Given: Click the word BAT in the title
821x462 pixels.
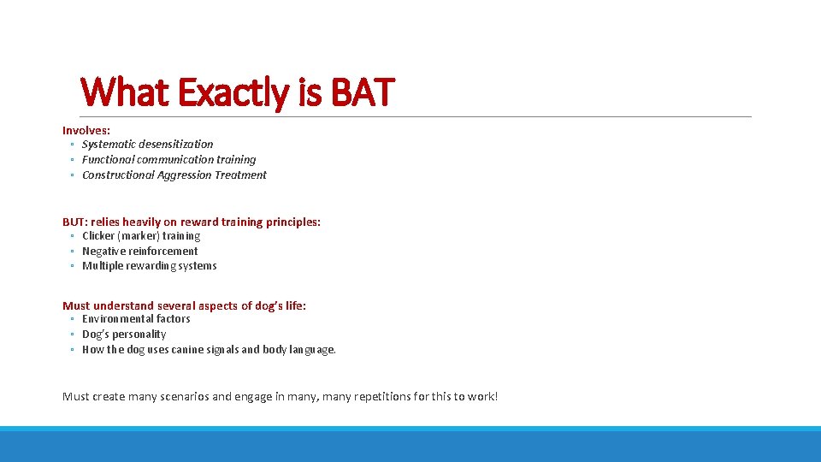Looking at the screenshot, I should (361, 92).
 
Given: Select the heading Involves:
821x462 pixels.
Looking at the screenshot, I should (86, 130).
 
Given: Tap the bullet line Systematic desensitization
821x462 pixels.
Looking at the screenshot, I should (147, 145).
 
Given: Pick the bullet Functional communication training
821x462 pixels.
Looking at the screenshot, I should (168, 160).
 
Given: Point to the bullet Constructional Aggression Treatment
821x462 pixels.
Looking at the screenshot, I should (174, 175).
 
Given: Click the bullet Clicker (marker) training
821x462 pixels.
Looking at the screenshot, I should (141, 236).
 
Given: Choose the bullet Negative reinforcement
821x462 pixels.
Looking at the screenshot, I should (139, 252).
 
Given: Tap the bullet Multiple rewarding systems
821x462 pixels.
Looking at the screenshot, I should (149, 266).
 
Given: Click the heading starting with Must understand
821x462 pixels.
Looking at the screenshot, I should (184, 305).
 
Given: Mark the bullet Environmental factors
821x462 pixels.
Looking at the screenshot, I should (136, 319).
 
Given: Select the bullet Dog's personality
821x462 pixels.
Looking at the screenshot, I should (124, 335).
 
